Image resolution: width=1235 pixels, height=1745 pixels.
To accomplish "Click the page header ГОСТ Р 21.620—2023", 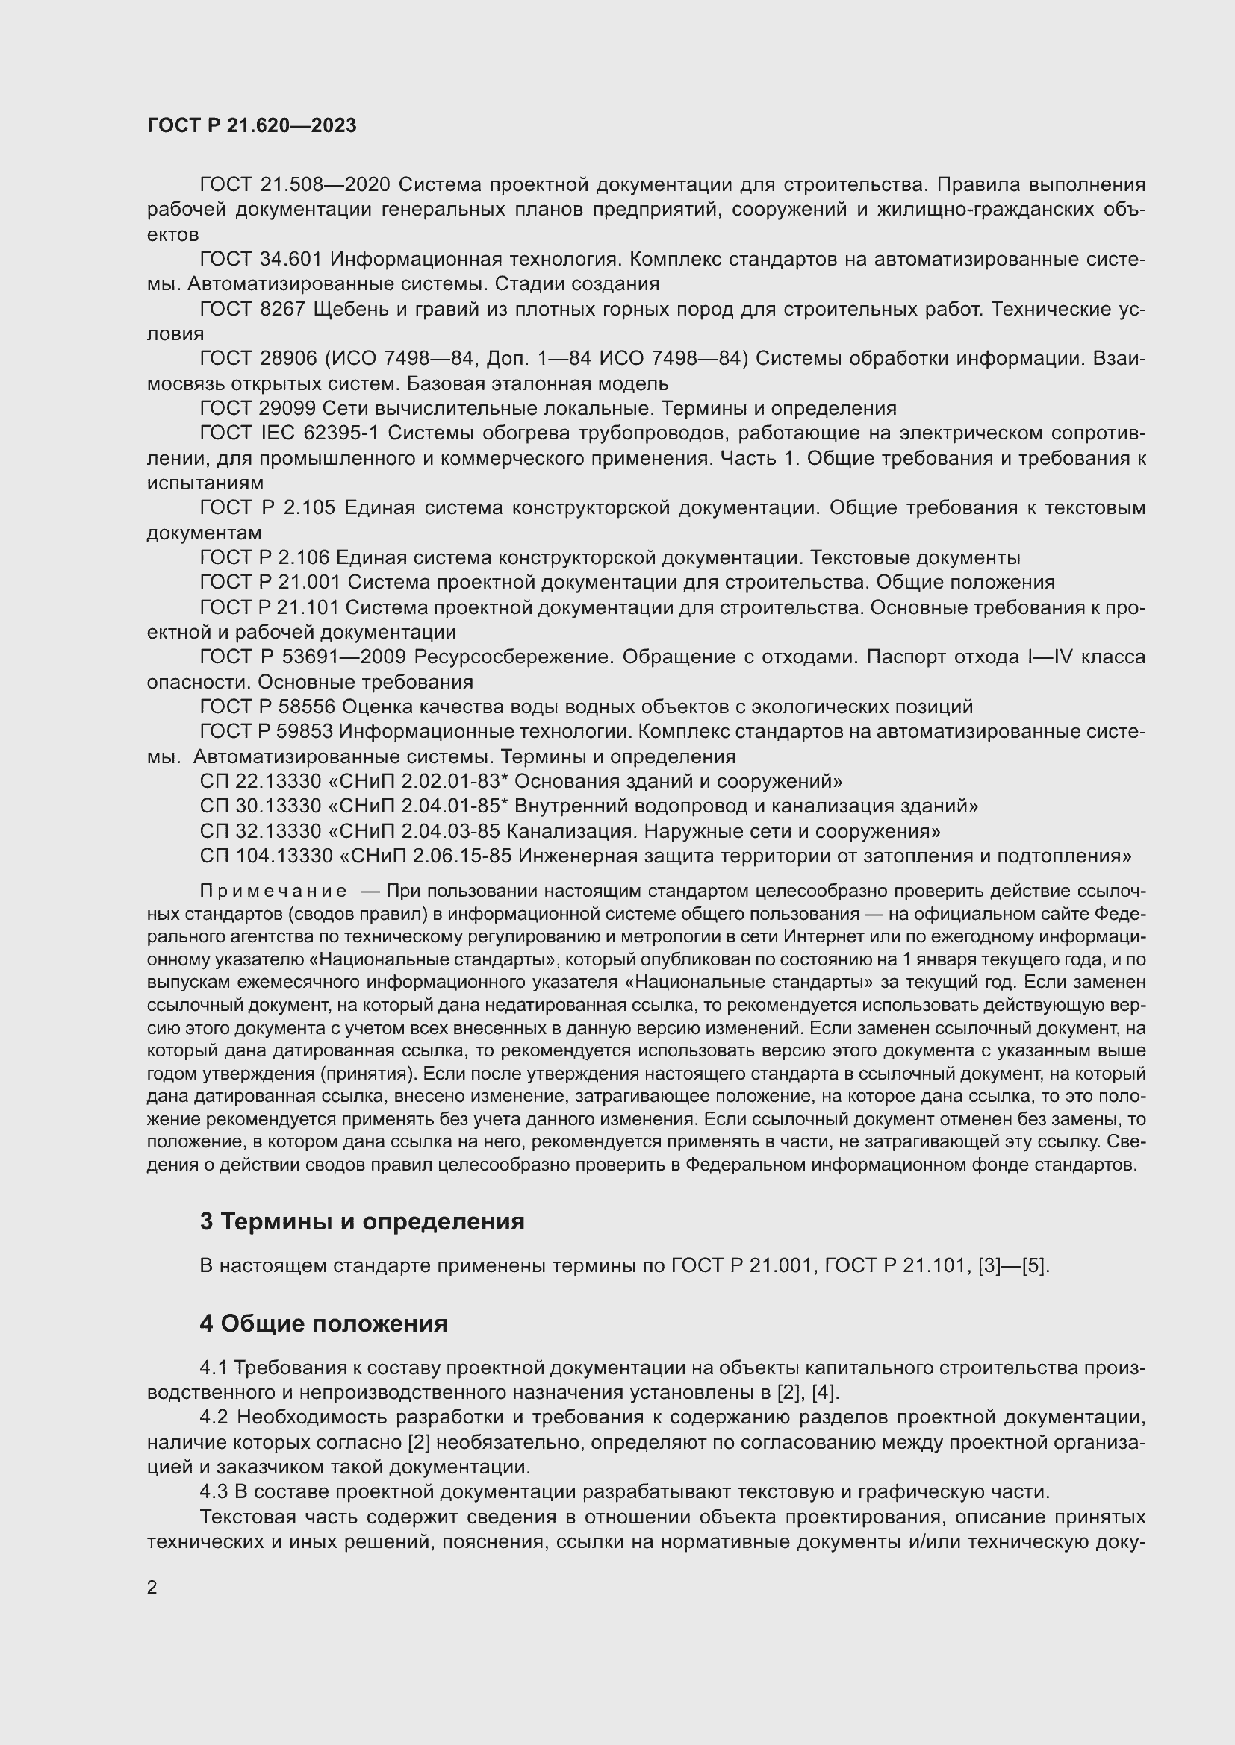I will tap(252, 126).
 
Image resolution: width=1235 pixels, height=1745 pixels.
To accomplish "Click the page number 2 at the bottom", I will tap(152, 1587).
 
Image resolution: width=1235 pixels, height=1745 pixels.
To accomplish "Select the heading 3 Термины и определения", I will tap(362, 1221).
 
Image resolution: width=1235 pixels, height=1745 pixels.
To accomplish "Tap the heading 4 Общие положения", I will tap(323, 1323).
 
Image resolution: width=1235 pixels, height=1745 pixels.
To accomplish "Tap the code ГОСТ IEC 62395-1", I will tap(289, 433).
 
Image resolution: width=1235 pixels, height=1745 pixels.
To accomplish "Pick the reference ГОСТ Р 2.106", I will tap(264, 558).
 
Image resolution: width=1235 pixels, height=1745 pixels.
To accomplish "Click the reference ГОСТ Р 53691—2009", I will tap(302, 657).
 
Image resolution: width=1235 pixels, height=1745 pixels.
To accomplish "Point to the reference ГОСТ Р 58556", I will tap(267, 707).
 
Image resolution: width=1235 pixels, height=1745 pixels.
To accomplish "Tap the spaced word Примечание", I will tap(273, 891).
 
